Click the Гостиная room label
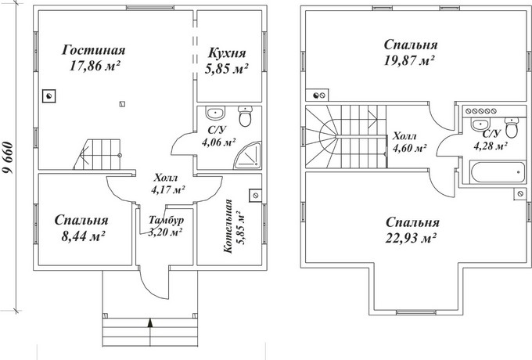pyautogui.click(x=94, y=50)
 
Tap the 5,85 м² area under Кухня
pyautogui.click(x=226, y=69)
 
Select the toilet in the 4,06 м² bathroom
pyautogui.click(x=245, y=116)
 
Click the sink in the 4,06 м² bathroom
pyautogui.click(x=215, y=113)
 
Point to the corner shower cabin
pyautogui.click(x=248, y=156)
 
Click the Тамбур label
pyautogui.click(x=166, y=220)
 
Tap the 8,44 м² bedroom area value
pyautogui.click(x=83, y=236)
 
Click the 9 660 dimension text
pyautogui.click(x=8, y=158)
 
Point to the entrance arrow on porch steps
pyautogui.click(x=150, y=322)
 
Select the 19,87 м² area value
pyautogui.click(x=409, y=61)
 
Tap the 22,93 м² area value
pyautogui.click(x=411, y=239)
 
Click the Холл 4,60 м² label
pyautogui.click(x=409, y=142)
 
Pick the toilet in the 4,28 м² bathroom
pyautogui.click(x=512, y=128)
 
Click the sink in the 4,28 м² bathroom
pyautogui.click(x=480, y=124)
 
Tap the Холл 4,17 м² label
pyautogui.click(x=167, y=184)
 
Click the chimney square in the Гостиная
pyautogui.click(x=49, y=96)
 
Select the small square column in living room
pyautogui.click(x=122, y=104)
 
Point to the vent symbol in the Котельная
pyautogui.click(x=256, y=196)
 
